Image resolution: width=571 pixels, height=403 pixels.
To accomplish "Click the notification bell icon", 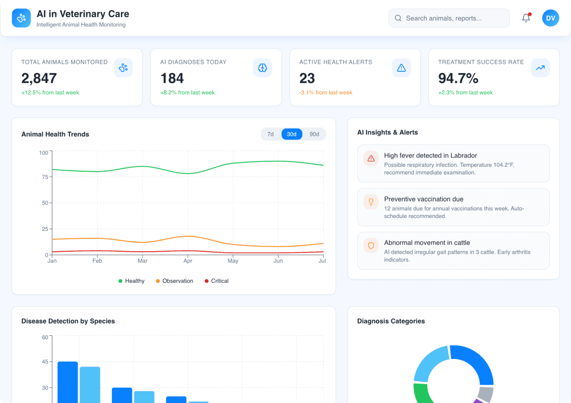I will [x=526, y=18].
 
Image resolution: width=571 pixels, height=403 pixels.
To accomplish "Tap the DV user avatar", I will [x=550, y=18].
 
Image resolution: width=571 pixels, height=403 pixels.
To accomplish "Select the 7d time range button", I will [x=271, y=134].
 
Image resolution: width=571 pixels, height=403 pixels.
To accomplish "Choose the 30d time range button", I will [x=291, y=134].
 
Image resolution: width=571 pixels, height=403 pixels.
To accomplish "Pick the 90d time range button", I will [x=314, y=134].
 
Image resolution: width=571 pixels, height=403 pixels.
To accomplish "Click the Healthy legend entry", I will [x=131, y=281].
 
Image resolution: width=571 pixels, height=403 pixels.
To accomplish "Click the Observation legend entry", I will [x=174, y=281].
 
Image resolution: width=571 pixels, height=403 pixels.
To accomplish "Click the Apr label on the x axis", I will [x=188, y=261].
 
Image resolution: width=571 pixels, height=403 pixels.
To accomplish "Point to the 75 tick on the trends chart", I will [x=45, y=177].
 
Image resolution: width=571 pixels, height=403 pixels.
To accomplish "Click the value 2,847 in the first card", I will [x=39, y=78].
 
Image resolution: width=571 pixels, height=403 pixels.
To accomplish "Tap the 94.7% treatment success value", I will [x=458, y=78].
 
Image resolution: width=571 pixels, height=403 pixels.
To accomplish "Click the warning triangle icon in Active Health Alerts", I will [x=401, y=68].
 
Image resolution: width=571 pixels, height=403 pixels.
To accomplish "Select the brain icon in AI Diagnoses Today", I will [x=262, y=68].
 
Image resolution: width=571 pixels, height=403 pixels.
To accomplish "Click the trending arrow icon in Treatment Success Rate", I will [x=540, y=68].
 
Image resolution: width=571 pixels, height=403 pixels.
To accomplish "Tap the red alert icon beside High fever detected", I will [x=371, y=159].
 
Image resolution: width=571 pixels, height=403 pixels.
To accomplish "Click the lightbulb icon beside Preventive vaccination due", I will [x=371, y=202].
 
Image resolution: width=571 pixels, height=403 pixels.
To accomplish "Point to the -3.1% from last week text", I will [x=325, y=93].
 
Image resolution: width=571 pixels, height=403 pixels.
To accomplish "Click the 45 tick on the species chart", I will [x=45, y=362].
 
